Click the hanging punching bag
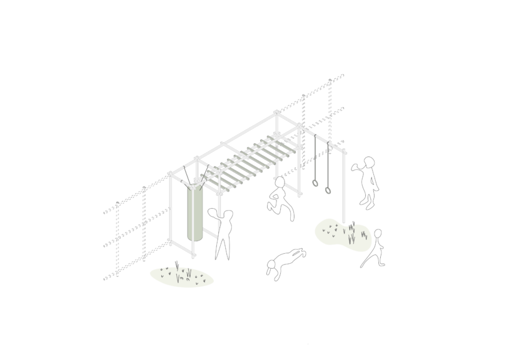coord(195,212)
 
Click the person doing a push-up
coord(285,261)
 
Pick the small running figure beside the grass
coord(374,249)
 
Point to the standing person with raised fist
coord(368,181)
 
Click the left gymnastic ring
coord(316,183)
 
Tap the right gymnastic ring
coord(328,190)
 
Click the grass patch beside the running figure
coord(341,234)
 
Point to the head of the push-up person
coord(271,269)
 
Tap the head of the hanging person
coord(280,182)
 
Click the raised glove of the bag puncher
coord(212,213)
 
